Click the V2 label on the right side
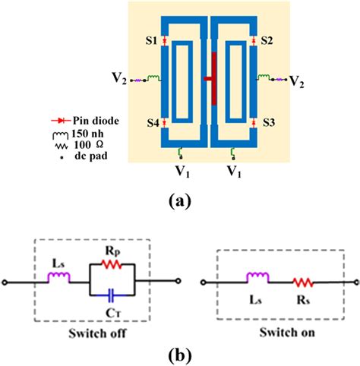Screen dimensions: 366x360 tap(298, 80)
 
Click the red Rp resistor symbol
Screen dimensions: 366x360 tap(112, 266)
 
